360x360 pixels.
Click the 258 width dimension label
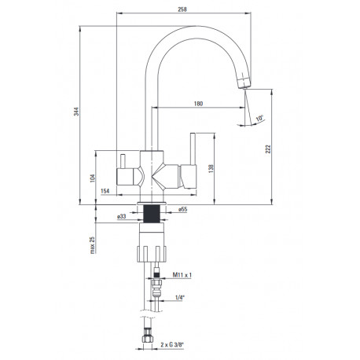pyautogui.click(x=182, y=9)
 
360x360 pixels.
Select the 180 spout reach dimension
pyautogui.click(x=198, y=104)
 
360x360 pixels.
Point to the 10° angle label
pyautogui.click(x=259, y=118)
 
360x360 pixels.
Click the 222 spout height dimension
pyautogui.click(x=268, y=149)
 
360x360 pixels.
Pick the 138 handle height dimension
pyautogui.click(x=211, y=168)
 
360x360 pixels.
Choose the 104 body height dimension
pyautogui.click(x=92, y=178)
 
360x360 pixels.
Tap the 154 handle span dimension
pyautogui.click(x=105, y=191)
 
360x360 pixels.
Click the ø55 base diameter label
pyautogui.click(x=182, y=209)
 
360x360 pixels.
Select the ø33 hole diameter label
pyautogui.click(x=122, y=216)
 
